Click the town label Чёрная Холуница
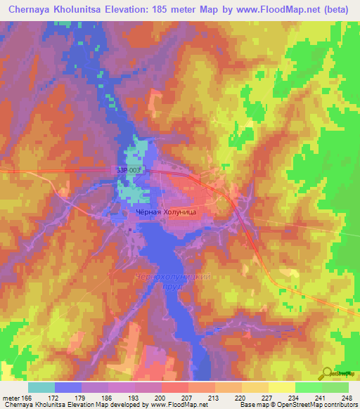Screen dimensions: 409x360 point(166,211)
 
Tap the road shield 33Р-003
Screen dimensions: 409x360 point(129,169)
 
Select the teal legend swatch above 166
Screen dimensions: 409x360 point(41,387)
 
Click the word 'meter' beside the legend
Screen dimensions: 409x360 point(13,398)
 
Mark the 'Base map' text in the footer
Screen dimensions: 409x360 point(251,405)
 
